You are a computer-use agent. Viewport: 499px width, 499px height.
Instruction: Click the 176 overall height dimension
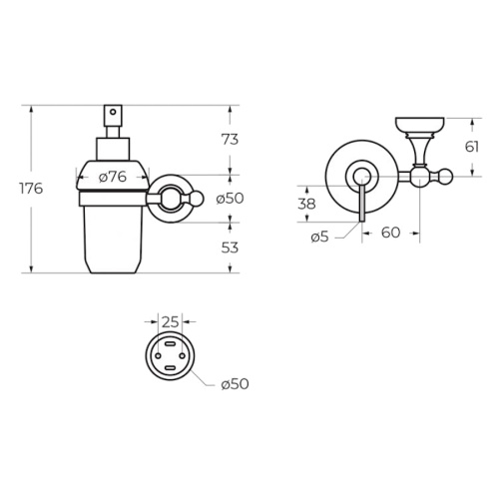tap(31, 189)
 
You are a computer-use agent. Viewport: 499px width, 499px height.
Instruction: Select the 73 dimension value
tap(230, 140)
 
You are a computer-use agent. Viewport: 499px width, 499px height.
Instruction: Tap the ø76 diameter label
tap(113, 177)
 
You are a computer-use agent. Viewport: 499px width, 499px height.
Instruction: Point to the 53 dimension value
tap(230, 248)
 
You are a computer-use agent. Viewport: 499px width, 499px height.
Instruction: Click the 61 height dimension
tap(472, 147)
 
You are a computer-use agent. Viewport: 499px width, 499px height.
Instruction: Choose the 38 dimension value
tap(306, 204)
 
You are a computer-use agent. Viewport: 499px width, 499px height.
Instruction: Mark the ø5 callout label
tap(319, 238)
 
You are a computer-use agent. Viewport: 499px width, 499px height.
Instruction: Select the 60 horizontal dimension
tap(390, 233)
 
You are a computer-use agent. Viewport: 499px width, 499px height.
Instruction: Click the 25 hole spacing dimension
tap(171, 322)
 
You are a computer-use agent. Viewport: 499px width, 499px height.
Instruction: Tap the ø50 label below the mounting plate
tap(235, 384)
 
